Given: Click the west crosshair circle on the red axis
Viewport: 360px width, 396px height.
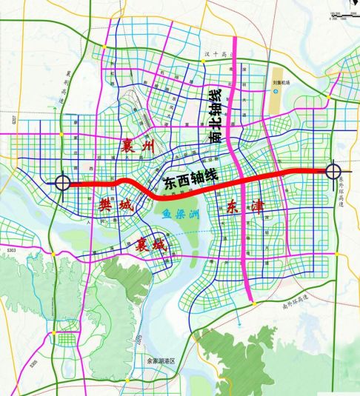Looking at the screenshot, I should pyautogui.click(x=62, y=182).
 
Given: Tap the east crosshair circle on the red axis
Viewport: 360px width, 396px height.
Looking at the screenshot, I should pyautogui.click(x=332, y=171).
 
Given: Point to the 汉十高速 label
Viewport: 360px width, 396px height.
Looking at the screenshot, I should pyautogui.click(x=213, y=55).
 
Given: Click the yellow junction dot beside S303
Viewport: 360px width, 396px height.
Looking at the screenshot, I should pyautogui.click(x=53, y=252).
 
